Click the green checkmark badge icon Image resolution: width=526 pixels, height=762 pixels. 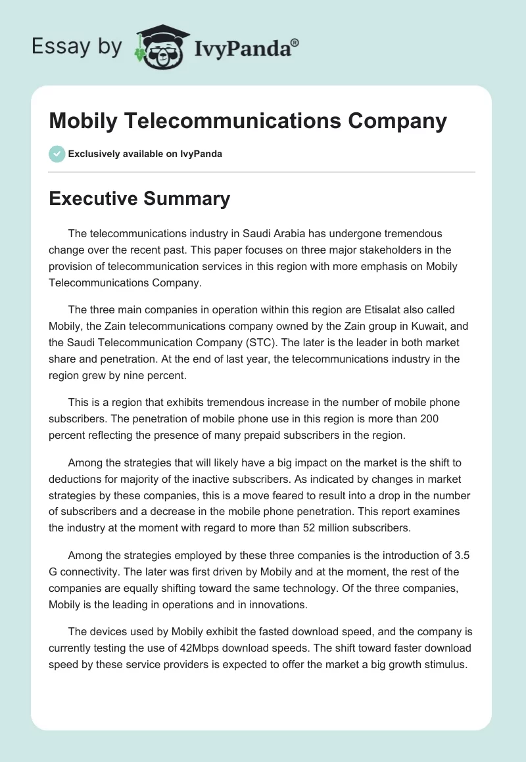[57, 154]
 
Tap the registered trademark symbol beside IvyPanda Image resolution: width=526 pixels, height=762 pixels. [295, 42]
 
